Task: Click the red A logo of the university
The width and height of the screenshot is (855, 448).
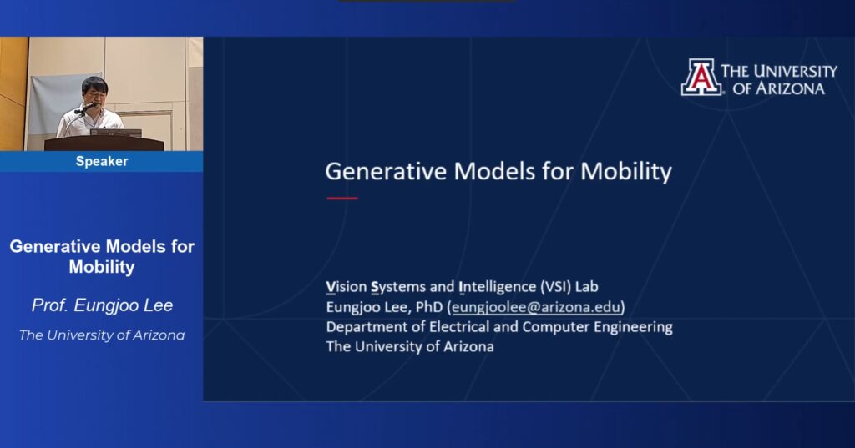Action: (701, 78)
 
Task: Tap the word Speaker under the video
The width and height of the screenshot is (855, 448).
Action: (102, 161)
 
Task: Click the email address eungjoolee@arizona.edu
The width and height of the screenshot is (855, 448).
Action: (536, 307)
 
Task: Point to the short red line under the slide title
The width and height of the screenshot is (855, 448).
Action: (341, 199)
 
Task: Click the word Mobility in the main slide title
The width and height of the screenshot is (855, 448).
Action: (626, 171)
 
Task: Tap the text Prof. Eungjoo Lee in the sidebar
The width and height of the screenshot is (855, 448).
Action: (102, 305)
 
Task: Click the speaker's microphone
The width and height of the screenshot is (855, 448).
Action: (84, 109)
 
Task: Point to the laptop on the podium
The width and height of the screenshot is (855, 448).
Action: (116, 133)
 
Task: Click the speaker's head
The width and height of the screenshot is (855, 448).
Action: (94, 89)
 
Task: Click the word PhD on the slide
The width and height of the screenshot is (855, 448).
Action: (428, 307)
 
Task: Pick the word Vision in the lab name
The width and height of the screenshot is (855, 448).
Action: (347, 287)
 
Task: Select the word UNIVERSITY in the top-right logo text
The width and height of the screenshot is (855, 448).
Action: (799, 71)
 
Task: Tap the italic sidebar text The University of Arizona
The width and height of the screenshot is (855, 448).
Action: (102, 335)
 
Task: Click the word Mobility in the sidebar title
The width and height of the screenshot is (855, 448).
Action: (102, 267)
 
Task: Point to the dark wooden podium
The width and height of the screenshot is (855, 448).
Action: (104, 143)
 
